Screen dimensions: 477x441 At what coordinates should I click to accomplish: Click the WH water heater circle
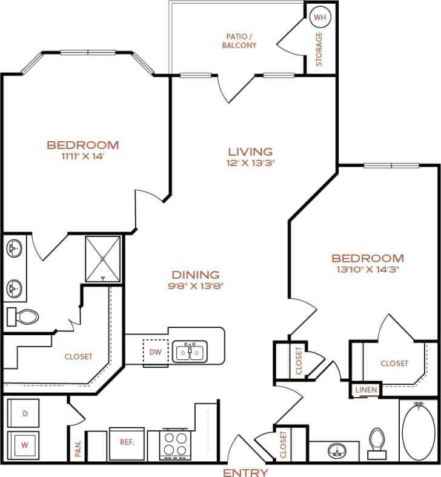[x=319, y=16]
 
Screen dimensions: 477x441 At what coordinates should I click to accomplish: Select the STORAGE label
[x=319, y=49]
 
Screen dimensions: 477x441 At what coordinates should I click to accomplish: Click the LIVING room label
[x=250, y=152]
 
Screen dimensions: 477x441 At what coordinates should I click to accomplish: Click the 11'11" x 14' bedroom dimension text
[x=83, y=156]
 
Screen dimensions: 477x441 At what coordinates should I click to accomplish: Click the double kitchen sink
[x=190, y=352]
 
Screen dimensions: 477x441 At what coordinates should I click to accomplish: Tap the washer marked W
[x=24, y=444]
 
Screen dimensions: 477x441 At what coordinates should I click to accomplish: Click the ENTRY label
[x=245, y=471]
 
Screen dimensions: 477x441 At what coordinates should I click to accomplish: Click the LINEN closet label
[x=366, y=390]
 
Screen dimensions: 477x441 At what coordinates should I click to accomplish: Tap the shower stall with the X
[x=103, y=258]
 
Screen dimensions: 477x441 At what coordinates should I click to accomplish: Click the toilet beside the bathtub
[x=378, y=442]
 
